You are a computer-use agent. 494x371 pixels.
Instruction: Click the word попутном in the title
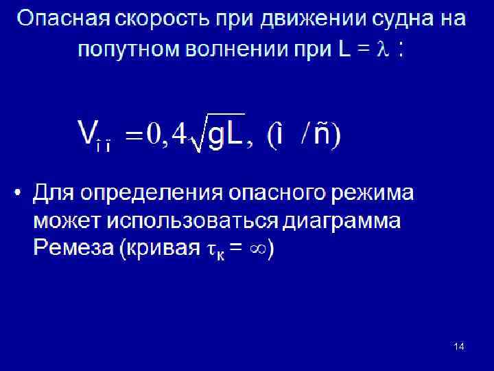click(128, 49)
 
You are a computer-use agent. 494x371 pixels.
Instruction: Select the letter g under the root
click(216, 135)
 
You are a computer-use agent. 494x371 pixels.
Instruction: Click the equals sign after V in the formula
click(135, 135)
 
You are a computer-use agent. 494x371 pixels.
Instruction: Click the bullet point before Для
click(19, 192)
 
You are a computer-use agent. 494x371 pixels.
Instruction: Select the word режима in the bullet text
click(377, 193)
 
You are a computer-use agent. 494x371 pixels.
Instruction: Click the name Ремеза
click(72, 248)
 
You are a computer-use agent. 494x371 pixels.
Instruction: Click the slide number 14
click(459, 346)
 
